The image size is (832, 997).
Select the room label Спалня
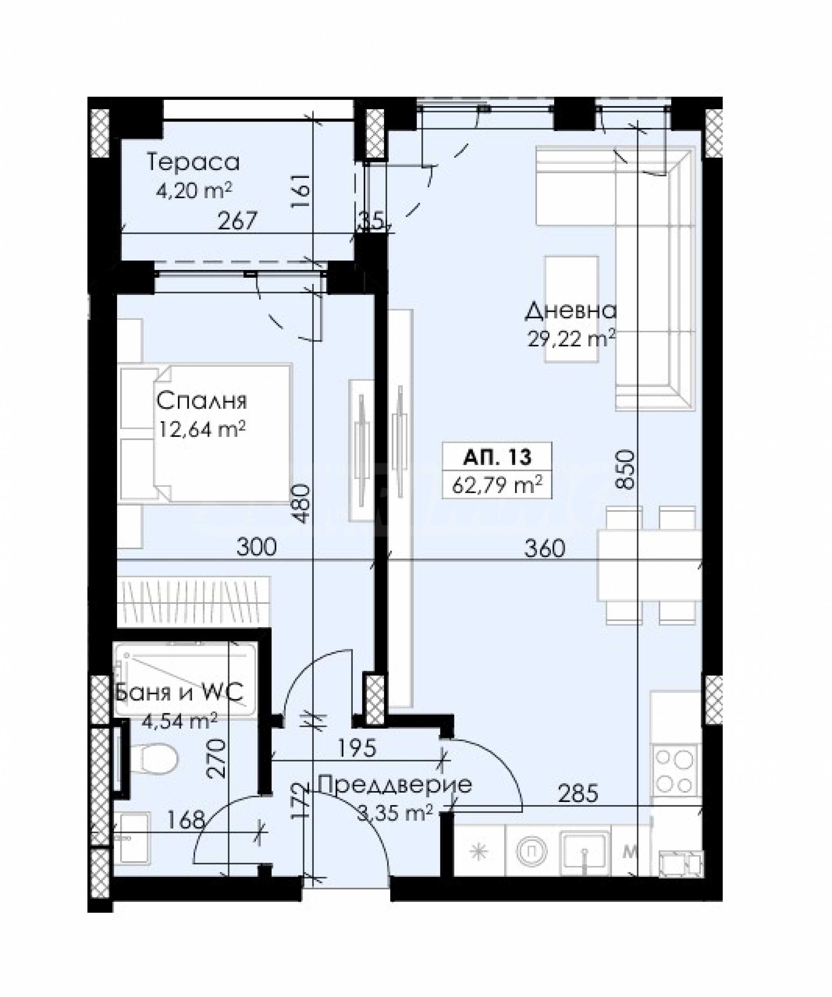tap(201, 401)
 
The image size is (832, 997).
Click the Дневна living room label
tap(570, 311)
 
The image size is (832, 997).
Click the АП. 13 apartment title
tap(497, 457)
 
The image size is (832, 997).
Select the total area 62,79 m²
tap(497, 485)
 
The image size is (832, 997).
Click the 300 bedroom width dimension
tap(256, 547)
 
